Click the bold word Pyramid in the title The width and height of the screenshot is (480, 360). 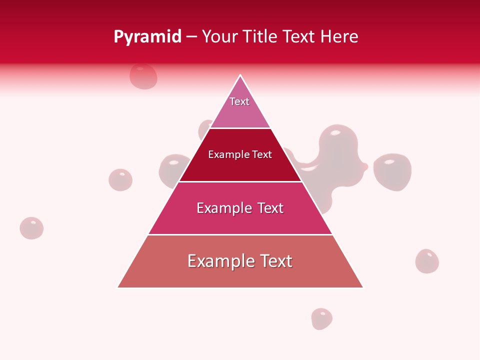pos(147,37)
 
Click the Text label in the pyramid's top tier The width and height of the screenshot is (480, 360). pos(239,101)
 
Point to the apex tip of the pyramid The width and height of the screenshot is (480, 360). pos(240,75)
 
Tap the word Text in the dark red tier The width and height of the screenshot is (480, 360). pos(261,155)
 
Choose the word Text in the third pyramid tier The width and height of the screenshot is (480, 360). pos(270,208)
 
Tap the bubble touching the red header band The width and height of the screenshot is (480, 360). pos(143,76)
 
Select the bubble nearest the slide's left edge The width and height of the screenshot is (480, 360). pos(31,228)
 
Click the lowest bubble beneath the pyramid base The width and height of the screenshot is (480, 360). pos(322,318)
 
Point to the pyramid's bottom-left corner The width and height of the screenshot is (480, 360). pos(118,287)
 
